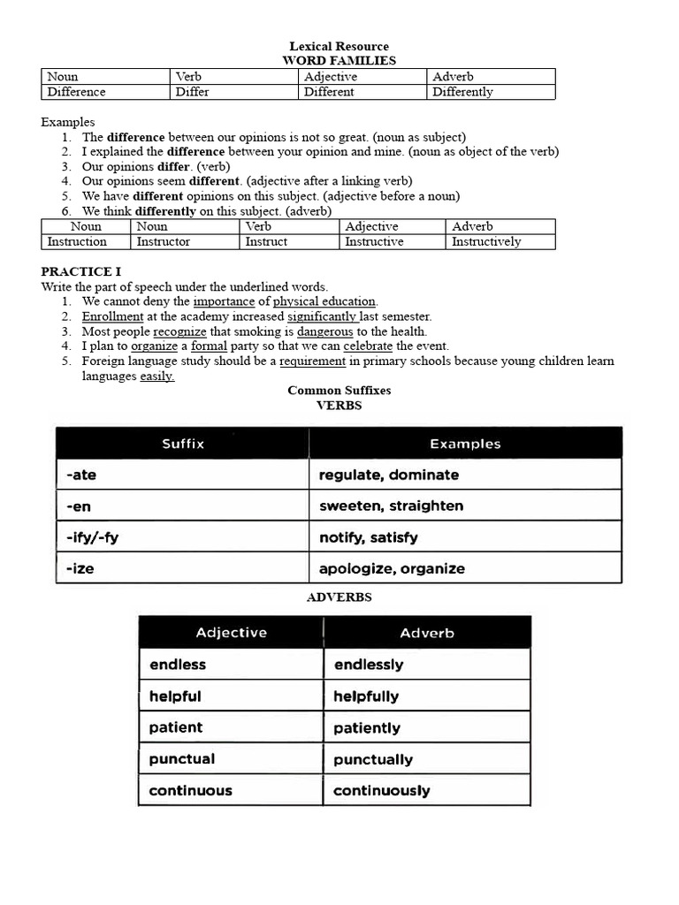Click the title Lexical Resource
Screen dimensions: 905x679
[x=339, y=46]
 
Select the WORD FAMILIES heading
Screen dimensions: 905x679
[x=339, y=60]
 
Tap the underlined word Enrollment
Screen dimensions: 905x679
[x=112, y=316]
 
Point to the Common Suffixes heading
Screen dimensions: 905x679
[x=339, y=390]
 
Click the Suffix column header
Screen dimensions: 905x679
[x=183, y=444]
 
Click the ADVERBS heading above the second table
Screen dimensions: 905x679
[x=339, y=597]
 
